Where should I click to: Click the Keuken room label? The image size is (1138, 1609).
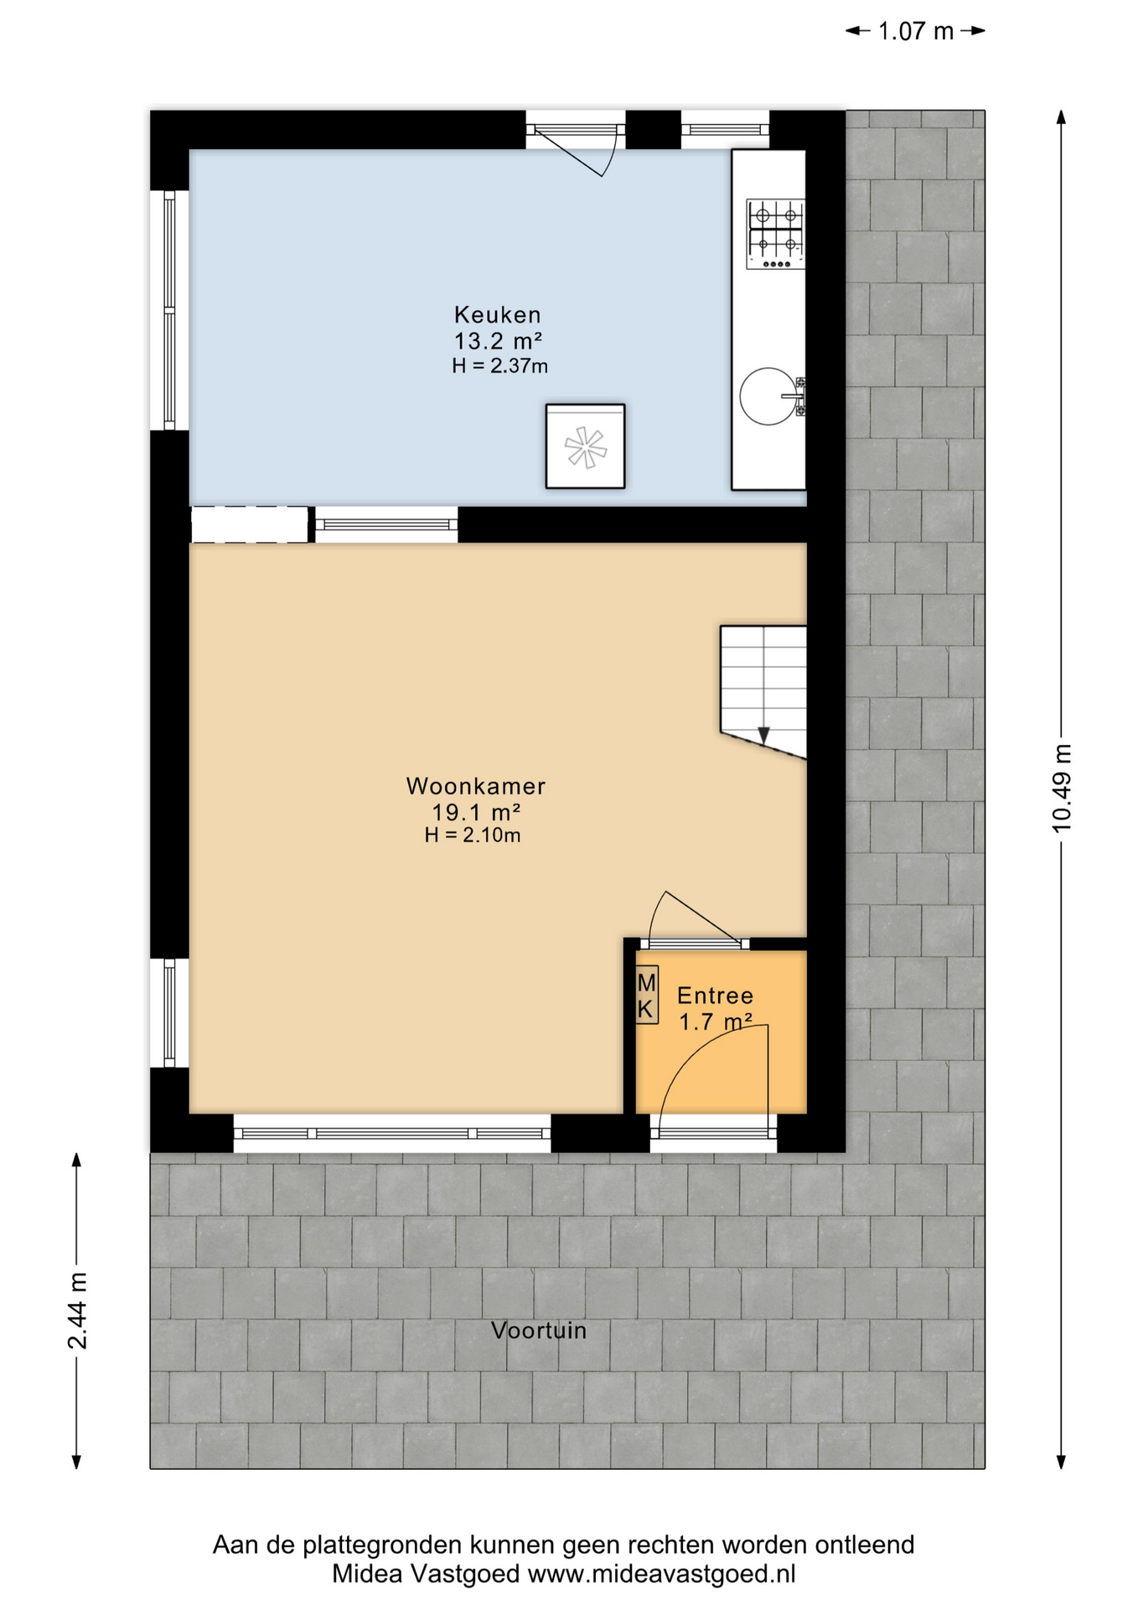coord(498,315)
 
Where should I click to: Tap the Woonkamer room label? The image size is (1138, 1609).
coord(476,786)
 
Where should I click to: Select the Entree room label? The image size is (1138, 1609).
coord(715,996)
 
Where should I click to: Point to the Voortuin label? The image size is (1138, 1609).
coord(538,1330)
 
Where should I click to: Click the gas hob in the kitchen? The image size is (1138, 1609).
coord(775,234)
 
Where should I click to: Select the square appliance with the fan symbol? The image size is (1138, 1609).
coord(585,446)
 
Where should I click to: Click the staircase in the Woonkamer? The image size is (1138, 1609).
coord(763,691)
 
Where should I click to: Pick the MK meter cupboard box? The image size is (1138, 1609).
coord(646,995)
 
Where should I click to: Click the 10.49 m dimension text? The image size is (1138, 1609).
coord(1061,789)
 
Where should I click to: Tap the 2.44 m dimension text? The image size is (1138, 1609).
coord(76,1310)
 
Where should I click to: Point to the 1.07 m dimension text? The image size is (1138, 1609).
coord(915,31)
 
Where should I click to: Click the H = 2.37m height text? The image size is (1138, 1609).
coord(499,365)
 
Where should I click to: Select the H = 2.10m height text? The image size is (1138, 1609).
coord(473,835)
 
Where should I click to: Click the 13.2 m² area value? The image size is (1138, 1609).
coord(498,341)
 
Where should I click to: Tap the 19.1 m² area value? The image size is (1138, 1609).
coord(476,812)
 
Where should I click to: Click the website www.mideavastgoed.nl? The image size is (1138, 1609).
coord(661,1573)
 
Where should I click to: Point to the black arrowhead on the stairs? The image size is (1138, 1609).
coord(763,735)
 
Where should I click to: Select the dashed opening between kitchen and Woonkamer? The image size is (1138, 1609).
coord(250,525)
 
